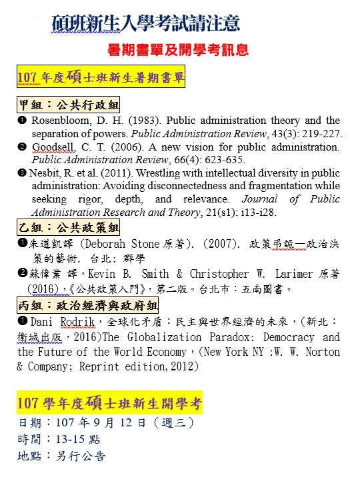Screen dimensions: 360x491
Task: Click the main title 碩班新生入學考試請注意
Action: (x=145, y=24)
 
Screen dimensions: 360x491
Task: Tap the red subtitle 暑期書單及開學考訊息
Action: (x=178, y=50)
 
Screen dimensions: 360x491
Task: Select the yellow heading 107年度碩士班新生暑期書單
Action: (x=101, y=78)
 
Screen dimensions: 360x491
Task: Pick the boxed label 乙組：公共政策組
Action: (x=69, y=228)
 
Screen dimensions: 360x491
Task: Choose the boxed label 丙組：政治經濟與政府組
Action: (x=89, y=306)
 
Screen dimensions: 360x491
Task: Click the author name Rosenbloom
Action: (x=61, y=121)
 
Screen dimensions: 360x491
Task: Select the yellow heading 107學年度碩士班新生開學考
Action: (x=109, y=403)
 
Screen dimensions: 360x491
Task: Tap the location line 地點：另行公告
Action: (x=61, y=457)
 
